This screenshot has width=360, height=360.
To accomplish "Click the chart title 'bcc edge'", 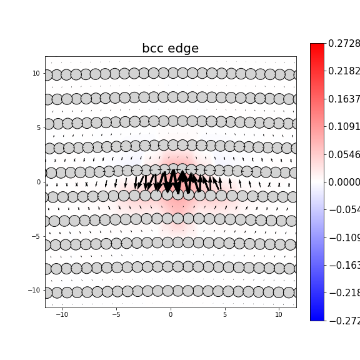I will pyautogui.click(x=170, y=49).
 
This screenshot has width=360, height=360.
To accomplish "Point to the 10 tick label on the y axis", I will pyautogui.click(x=36, y=74).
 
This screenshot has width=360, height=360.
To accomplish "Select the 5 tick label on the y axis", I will pyautogui.click(x=38, y=127).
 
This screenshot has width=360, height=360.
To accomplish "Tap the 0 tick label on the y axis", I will pyautogui.click(x=38, y=182).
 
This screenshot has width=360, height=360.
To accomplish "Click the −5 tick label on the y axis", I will pyautogui.click(x=36, y=236).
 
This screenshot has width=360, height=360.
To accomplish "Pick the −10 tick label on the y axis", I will pyautogui.click(x=34, y=291).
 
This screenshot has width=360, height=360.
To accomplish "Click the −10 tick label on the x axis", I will pyautogui.click(x=62, y=314).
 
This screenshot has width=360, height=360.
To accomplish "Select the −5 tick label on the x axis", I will pyautogui.click(x=116, y=314).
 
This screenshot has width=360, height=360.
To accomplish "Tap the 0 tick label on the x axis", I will pyautogui.click(x=171, y=314).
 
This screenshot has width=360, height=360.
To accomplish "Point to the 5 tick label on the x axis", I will pyautogui.click(x=225, y=314).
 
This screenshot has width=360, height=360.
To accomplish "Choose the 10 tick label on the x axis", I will pyautogui.click(x=279, y=314).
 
